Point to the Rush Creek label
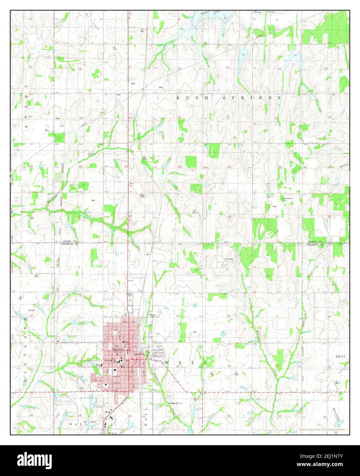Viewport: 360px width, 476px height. pos(264,12)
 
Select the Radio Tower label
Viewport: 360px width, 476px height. pos(141,196)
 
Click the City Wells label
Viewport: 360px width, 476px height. pos(229,259)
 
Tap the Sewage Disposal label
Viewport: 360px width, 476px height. pos(175,403)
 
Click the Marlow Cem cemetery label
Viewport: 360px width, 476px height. pos(152,315)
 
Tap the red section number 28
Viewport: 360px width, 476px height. pos(179,167)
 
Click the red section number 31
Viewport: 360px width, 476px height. pos(79,217)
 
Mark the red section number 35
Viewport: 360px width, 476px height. pos(277,217)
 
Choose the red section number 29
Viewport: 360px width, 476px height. pos(126,167)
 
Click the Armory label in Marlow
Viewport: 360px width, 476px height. pos(109,361)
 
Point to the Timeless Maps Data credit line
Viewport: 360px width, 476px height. pos(321,429)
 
